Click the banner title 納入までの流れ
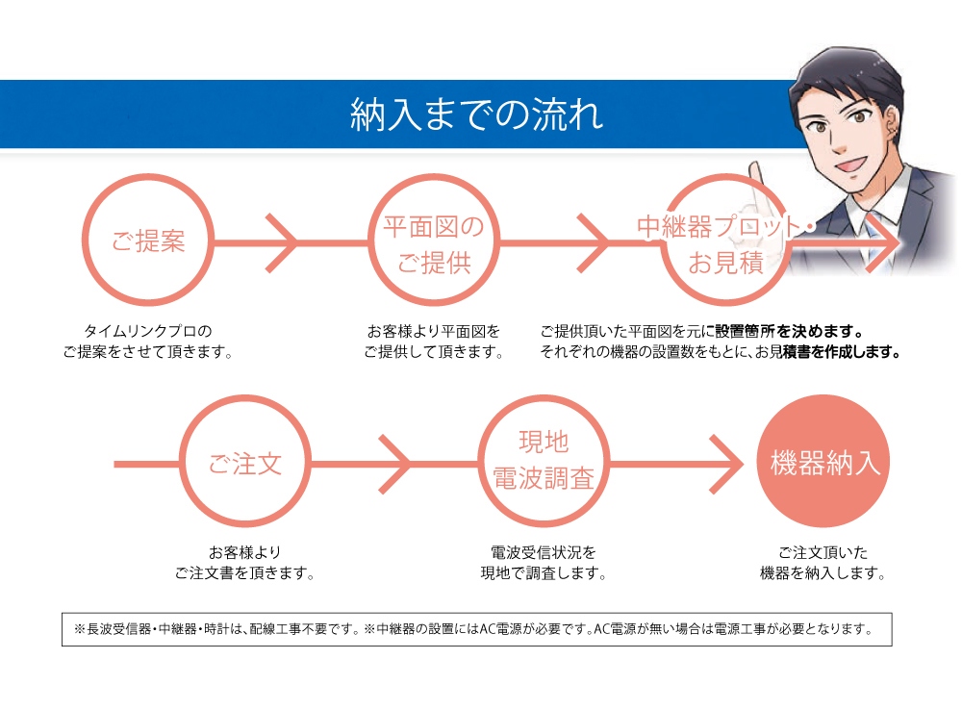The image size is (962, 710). [x=477, y=114]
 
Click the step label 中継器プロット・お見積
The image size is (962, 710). [x=725, y=244]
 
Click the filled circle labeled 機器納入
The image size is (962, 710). [x=823, y=462]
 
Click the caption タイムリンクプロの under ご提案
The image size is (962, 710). [x=148, y=331]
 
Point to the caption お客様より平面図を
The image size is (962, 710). [x=434, y=331]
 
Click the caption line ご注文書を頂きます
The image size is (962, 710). [x=244, y=573]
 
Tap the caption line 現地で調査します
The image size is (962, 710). [x=544, y=573]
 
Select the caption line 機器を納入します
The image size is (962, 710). [x=823, y=573]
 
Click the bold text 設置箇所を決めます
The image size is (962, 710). [x=790, y=331]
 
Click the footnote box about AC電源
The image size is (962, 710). [x=477, y=629]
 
